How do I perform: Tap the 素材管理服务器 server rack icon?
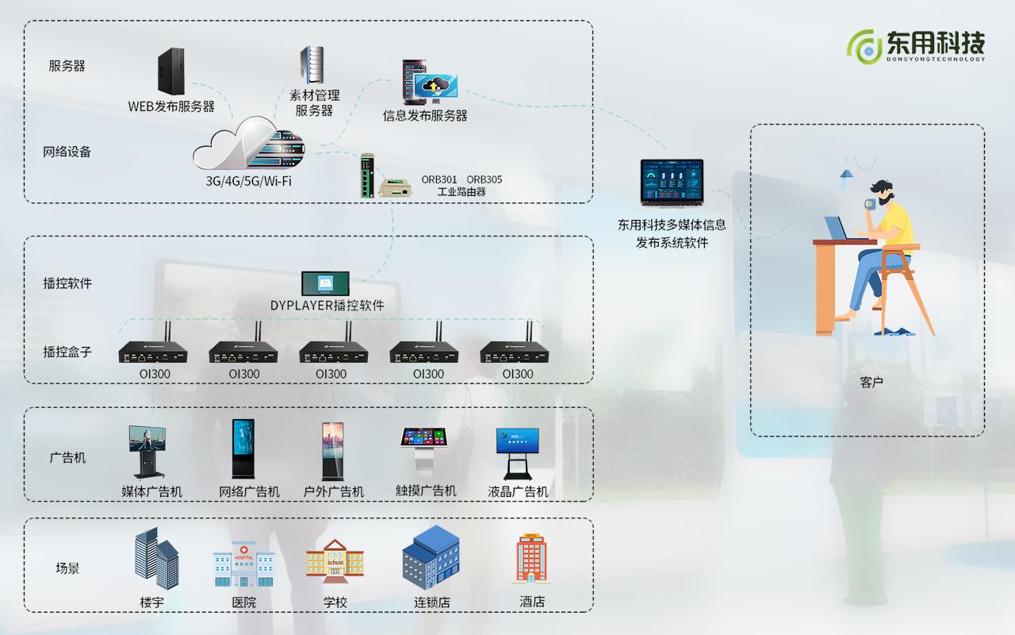click(x=312, y=65)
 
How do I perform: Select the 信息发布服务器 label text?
click(x=425, y=116)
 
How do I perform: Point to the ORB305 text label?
click(x=484, y=179)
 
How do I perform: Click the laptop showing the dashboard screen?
click(x=672, y=183)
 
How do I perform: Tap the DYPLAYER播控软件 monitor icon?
click(x=325, y=283)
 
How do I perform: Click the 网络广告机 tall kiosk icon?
click(x=243, y=448)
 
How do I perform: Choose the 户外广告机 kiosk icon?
click(x=333, y=450)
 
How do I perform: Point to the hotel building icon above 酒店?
click(x=532, y=558)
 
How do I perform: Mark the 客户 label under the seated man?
click(x=871, y=383)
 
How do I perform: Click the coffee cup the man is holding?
click(x=870, y=203)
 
